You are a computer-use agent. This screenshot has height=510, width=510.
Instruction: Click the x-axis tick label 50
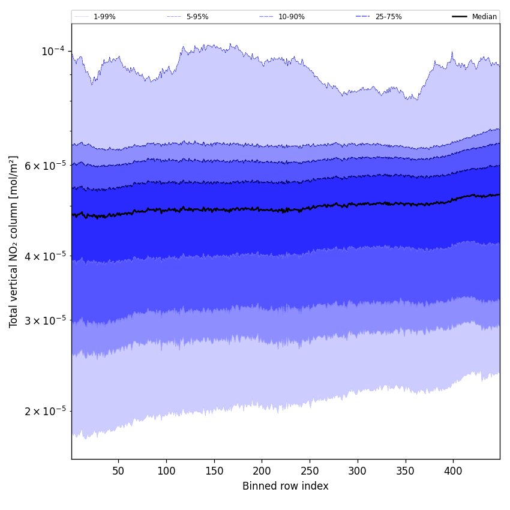pos(118,471)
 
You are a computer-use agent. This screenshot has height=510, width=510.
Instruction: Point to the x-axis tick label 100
pos(166,471)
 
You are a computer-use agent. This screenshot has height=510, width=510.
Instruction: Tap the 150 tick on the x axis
pos(214,471)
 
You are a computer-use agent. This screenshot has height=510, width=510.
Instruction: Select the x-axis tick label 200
pos(262,471)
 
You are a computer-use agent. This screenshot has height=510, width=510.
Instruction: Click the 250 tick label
pos(310,471)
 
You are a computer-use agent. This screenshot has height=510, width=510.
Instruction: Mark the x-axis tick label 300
pos(358,471)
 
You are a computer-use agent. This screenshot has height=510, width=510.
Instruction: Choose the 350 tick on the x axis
pos(406,471)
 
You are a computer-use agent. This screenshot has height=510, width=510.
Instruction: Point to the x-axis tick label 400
pos(453,471)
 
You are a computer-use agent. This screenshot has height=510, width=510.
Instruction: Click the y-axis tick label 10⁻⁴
pos(52,52)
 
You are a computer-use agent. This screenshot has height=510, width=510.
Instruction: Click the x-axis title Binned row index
pos(286,486)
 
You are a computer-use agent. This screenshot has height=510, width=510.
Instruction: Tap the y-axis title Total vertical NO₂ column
pos(14,241)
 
